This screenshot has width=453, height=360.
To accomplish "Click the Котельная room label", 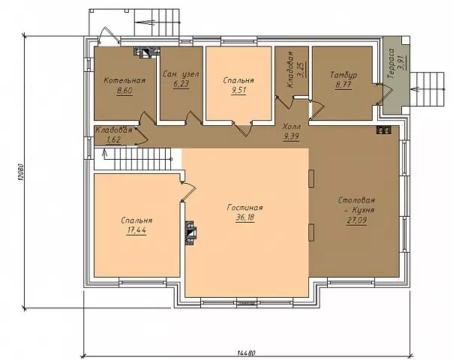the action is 124,80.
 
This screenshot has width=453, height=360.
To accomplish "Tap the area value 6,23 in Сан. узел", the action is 181,84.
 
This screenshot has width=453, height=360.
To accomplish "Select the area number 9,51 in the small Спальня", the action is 238,91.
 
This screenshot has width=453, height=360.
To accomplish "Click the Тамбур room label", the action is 343,75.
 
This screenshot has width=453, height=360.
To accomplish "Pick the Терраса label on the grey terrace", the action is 391,64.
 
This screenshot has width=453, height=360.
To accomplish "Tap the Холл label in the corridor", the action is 292,127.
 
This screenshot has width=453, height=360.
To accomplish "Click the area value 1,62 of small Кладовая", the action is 113,139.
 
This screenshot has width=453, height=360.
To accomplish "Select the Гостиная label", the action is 245,208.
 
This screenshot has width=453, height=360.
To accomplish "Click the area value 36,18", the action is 245,217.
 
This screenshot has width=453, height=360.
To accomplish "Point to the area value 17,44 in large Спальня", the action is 136,230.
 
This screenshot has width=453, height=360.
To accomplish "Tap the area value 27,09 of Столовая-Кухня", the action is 356,220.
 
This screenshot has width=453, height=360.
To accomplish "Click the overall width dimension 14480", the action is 247,352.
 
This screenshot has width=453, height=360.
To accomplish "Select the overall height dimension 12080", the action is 20,173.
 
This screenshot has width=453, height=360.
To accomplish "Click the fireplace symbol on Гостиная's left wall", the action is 190,232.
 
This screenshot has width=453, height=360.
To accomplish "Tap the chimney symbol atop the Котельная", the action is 146,52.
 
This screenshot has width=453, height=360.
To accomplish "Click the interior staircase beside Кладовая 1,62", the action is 133,158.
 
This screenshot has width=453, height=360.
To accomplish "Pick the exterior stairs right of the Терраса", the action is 427,89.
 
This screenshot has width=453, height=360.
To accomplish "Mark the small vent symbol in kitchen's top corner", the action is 384,130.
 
